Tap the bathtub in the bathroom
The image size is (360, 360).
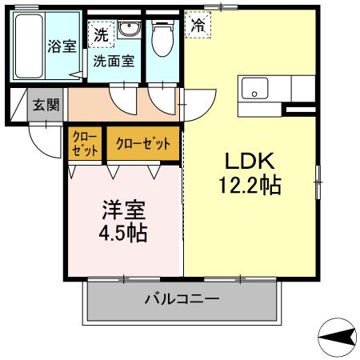point(30,46)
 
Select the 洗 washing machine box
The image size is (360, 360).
point(100,34)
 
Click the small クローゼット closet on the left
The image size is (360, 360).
point(85,144)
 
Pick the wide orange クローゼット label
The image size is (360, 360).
point(143,144)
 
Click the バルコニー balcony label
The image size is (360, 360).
point(182,300)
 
